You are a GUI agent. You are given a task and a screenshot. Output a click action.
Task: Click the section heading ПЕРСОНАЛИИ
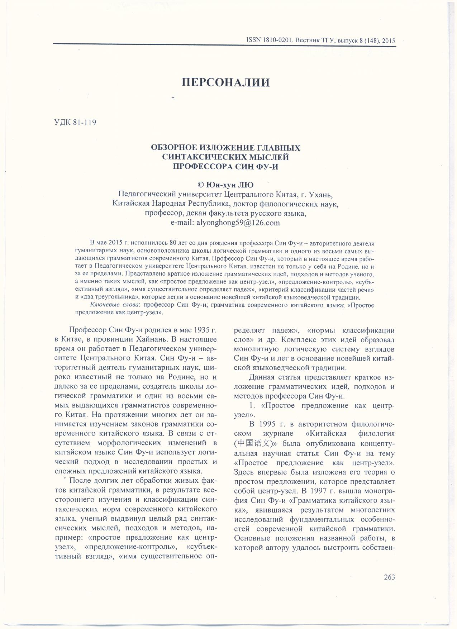(225, 83)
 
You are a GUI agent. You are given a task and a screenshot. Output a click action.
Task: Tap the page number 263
(389, 577)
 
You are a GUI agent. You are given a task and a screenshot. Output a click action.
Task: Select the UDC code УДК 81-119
(75, 123)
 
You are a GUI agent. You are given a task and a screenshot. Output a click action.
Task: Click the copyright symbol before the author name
(201, 185)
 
